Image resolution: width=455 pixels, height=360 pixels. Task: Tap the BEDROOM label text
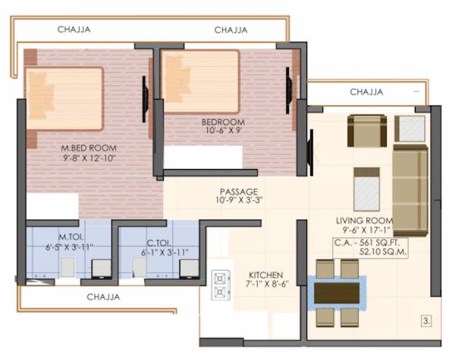click(223, 122)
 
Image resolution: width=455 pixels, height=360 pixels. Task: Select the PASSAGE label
click(239, 191)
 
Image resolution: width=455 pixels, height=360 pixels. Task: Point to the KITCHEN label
click(266, 274)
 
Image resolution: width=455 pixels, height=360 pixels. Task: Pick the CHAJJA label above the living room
click(367, 92)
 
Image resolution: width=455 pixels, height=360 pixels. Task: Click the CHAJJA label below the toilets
click(102, 297)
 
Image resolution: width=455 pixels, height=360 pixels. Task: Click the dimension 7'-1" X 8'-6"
click(266, 284)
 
